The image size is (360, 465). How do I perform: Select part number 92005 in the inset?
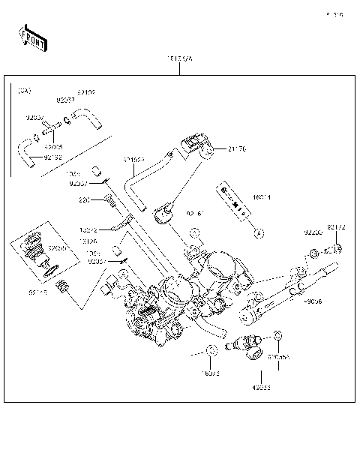click(53, 147)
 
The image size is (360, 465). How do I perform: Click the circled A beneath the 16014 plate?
click(259, 233)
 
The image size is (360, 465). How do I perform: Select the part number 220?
click(85, 200)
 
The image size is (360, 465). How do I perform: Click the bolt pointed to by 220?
click(110, 200)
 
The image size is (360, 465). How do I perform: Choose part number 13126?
click(89, 241)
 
